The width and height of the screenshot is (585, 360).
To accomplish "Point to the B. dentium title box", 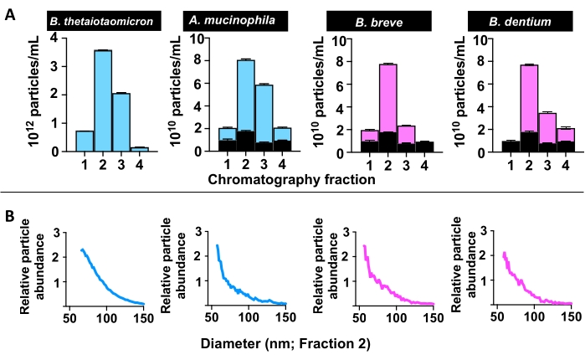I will pyautogui.click(x=513, y=21).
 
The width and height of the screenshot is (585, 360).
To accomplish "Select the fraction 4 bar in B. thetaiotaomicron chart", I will pyautogui.click(x=139, y=149).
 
